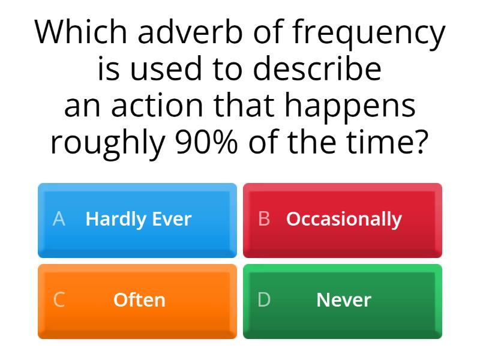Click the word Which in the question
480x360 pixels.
[81, 33]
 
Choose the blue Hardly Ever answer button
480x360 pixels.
[137, 220]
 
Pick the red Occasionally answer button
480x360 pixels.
[343, 220]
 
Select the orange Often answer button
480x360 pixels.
[137, 301]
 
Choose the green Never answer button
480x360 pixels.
[343, 301]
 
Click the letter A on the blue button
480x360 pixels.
[59, 219]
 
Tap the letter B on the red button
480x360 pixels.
[264, 219]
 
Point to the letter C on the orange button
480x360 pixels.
[59, 300]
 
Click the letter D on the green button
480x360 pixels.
[264, 300]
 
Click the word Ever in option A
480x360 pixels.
[172, 219]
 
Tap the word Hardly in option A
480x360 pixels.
[114, 220]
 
